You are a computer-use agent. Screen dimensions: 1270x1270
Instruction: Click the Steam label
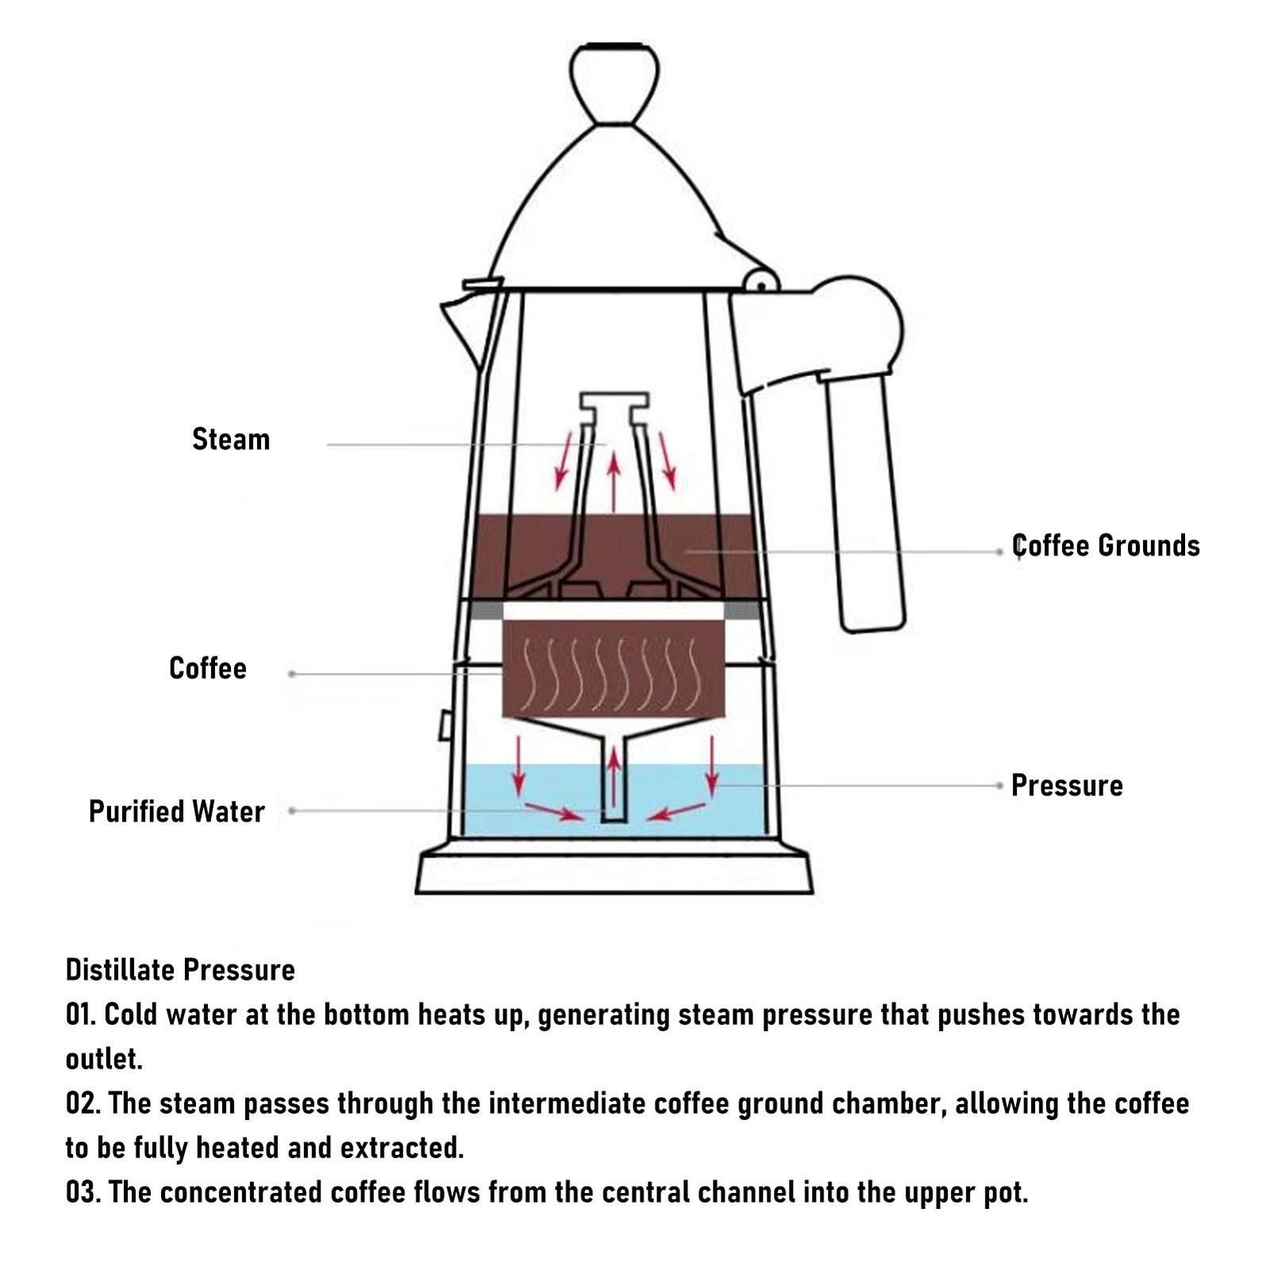point(231,440)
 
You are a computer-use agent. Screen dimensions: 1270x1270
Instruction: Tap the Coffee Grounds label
point(1106,546)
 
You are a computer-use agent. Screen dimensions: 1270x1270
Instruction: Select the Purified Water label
point(176,812)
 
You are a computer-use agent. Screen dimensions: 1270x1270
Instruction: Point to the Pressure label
point(1067,786)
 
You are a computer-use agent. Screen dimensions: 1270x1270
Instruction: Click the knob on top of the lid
point(615,83)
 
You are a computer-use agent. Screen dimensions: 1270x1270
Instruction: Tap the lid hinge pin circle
point(760,282)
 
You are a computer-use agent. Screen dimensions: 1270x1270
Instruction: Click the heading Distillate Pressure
point(180,970)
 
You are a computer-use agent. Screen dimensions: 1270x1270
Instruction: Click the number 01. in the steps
point(81,1014)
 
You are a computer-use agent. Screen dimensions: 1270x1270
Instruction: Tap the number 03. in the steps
point(83,1192)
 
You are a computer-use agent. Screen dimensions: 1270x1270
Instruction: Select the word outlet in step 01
point(103,1059)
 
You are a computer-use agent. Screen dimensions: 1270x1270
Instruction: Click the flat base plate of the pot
point(614,873)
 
